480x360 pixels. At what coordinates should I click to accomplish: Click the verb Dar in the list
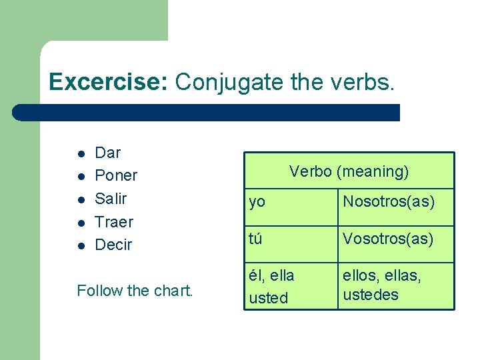(108, 153)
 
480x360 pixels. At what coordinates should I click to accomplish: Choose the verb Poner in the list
(116, 175)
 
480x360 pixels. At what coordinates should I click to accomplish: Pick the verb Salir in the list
(111, 199)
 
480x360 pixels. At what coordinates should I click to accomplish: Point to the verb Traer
(114, 221)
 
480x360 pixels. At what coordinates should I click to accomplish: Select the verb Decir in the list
(113, 245)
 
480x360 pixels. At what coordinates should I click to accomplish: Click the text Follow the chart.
(135, 291)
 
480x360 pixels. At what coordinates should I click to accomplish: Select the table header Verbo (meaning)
(349, 172)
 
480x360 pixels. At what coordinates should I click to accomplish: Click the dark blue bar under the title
(207, 113)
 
